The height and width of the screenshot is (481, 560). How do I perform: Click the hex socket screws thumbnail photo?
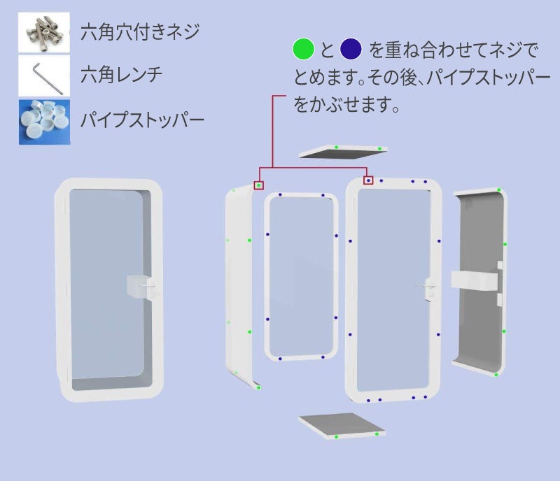click(45, 32)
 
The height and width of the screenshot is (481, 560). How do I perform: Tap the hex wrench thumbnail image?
click(45, 76)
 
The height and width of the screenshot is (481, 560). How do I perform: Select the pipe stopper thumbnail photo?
click(45, 120)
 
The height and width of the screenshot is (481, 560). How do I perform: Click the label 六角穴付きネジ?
click(140, 31)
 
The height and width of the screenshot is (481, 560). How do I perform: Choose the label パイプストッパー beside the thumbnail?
click(141, 120)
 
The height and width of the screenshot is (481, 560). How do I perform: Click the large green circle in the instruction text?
click(304, 50)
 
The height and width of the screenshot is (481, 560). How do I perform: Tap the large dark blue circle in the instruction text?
click(350, 50)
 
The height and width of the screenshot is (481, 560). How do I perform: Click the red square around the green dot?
click(259, 185)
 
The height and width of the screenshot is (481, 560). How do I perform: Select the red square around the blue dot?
click(368, 180)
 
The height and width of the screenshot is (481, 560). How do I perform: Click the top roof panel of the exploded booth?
click(342, 152)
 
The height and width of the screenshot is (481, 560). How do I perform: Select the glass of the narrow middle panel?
click(300, 276)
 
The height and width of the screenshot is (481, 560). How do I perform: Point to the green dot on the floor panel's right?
click(377, 434)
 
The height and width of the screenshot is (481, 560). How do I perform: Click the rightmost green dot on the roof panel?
click(379, 149)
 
